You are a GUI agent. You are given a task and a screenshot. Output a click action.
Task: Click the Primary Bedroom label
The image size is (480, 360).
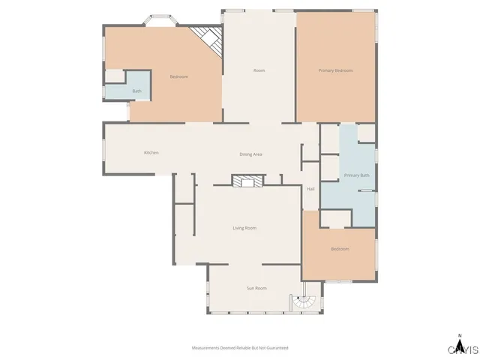tap(335, 70)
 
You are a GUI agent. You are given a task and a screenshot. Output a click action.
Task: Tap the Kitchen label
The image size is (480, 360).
tap(151, 153)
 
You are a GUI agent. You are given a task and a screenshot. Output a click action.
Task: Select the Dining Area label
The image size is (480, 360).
tap(250, 154)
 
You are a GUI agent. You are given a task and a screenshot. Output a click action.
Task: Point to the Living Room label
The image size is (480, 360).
tap(244, 228)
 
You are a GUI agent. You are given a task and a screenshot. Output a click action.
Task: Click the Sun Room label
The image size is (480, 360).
tap(256, 288)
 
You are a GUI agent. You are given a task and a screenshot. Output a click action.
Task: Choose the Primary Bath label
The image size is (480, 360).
tap(356, 175)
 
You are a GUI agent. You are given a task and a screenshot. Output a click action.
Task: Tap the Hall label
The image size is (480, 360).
tap(310, 189)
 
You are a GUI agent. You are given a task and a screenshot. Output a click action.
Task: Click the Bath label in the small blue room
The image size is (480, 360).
tap(136, 91)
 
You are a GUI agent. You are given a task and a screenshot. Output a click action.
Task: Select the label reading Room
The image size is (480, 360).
tap(259, 70)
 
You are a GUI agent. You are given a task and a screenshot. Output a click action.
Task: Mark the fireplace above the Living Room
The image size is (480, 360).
tap(247, 181)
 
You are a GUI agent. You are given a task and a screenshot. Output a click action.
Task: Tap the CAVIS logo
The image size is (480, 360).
tap(463, 349)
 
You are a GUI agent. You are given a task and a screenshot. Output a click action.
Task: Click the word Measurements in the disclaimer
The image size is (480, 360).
tap(206, 348)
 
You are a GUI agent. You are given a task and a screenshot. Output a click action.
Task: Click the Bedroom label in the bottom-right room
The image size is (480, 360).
tap(340, 249)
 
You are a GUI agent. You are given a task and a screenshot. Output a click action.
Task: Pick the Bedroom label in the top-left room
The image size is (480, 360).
tap(178, 76)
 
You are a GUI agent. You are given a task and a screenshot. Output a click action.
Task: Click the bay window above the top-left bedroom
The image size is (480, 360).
tap(158, 20)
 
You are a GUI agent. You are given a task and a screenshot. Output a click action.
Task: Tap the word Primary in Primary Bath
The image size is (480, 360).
tap(350, 175)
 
